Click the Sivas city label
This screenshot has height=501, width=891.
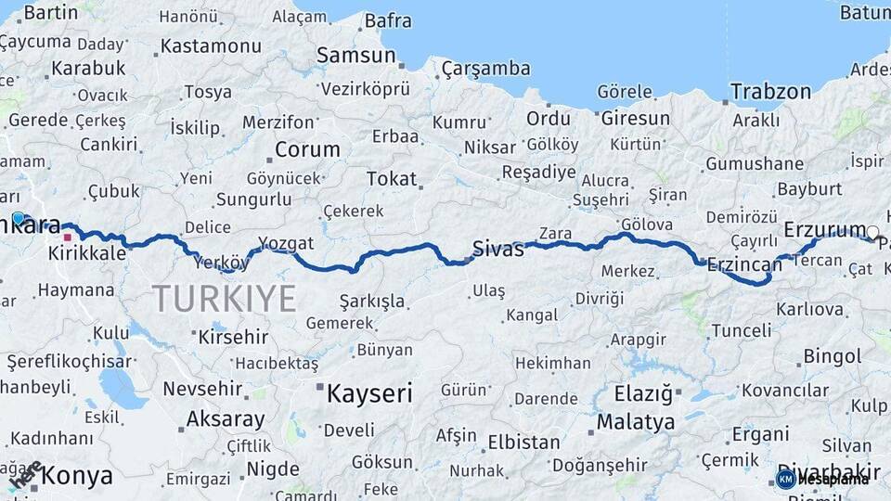pyautogui.click(x=498, y=248)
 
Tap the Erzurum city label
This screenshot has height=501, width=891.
pyautogui.click(x=823, y=229)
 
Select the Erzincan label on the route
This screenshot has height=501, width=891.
pyautogui.click(x=744, y=265)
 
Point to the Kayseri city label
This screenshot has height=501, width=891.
pyautogui.click(x=369, y=393)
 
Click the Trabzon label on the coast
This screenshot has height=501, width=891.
pyautogui.click(x=770, y=92)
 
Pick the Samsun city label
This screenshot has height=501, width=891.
pyautogui.click(x=355, y=56)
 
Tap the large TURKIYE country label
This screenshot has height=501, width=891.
pyautogui.click(x=224, y=298)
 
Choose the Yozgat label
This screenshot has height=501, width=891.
pyautogui.click(x=286, y=243)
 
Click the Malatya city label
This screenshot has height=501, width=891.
pyautogui.click(x=636, y=422)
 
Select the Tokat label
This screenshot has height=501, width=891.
pyautogui.click(x=392, y=178)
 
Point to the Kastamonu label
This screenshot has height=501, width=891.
pyautogui.click(x=211, y=46)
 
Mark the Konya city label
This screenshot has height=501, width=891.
pyautogui.click(x=77, y=477)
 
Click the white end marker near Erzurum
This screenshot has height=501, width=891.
pyautogui.click(x=872, y=232)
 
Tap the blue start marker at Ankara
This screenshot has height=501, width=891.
pyautogui.click(x=18, y=218)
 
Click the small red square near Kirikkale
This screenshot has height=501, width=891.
pyautogui.click(x=67, y=237)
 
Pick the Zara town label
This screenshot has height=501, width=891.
pyautogui.click(x=555, y=234)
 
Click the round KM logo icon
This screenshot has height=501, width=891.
pyautogui.click(x=785, y=479)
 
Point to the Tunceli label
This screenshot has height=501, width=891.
pyautogui.click(x=741, y=330)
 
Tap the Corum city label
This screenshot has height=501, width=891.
pyautogui.click(x=308, y=149)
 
